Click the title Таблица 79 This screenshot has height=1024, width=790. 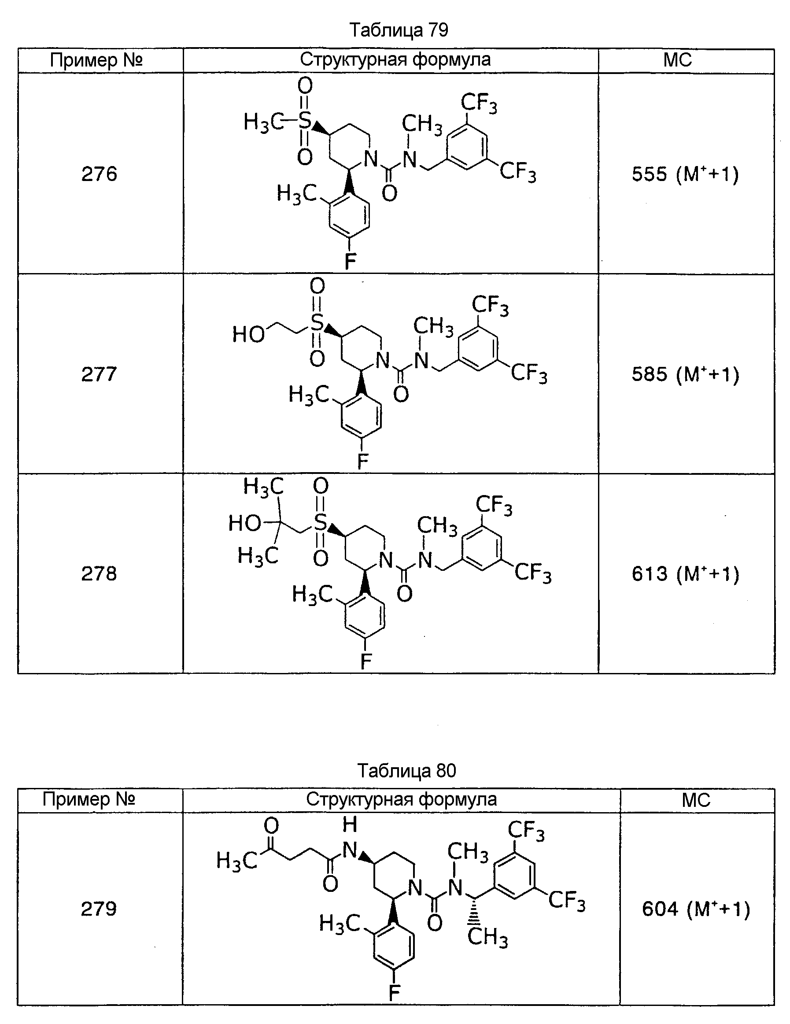[399, 30]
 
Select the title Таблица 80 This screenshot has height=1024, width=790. [406, 770]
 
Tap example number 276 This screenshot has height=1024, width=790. [99, 174]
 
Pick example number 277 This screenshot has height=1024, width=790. [99, 374]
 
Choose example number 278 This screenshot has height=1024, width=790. [99, 573]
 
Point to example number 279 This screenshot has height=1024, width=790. [99, 909]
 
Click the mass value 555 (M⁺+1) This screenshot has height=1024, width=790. [685, 174]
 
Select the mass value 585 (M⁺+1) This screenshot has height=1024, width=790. [685, 375]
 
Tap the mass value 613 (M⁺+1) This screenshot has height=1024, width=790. [685, 574]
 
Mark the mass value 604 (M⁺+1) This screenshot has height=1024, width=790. [696, 909]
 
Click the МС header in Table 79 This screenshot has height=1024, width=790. [677, 60]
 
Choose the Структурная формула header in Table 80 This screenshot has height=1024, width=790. [401, 799]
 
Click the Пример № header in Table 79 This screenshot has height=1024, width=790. [96, 60]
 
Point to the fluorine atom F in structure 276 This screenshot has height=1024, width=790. [350, 261]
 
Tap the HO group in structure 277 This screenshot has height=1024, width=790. [248, 335]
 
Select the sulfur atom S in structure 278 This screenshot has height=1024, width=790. [320, 522]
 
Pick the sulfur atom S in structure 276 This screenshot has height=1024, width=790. [305, 121]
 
